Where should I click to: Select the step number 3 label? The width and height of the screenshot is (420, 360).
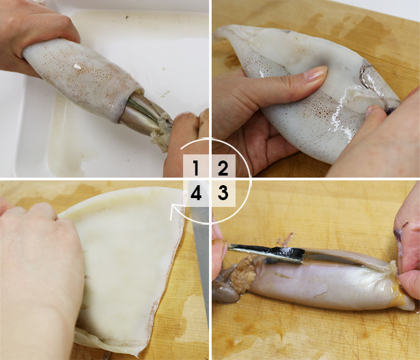(x=223, y=194)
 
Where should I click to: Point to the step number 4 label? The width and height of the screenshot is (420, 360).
(x=196, y=194)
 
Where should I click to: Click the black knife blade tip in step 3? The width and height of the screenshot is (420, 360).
(x=233, y=249)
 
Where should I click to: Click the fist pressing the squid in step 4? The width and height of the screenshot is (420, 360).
(x=38, y=273)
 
